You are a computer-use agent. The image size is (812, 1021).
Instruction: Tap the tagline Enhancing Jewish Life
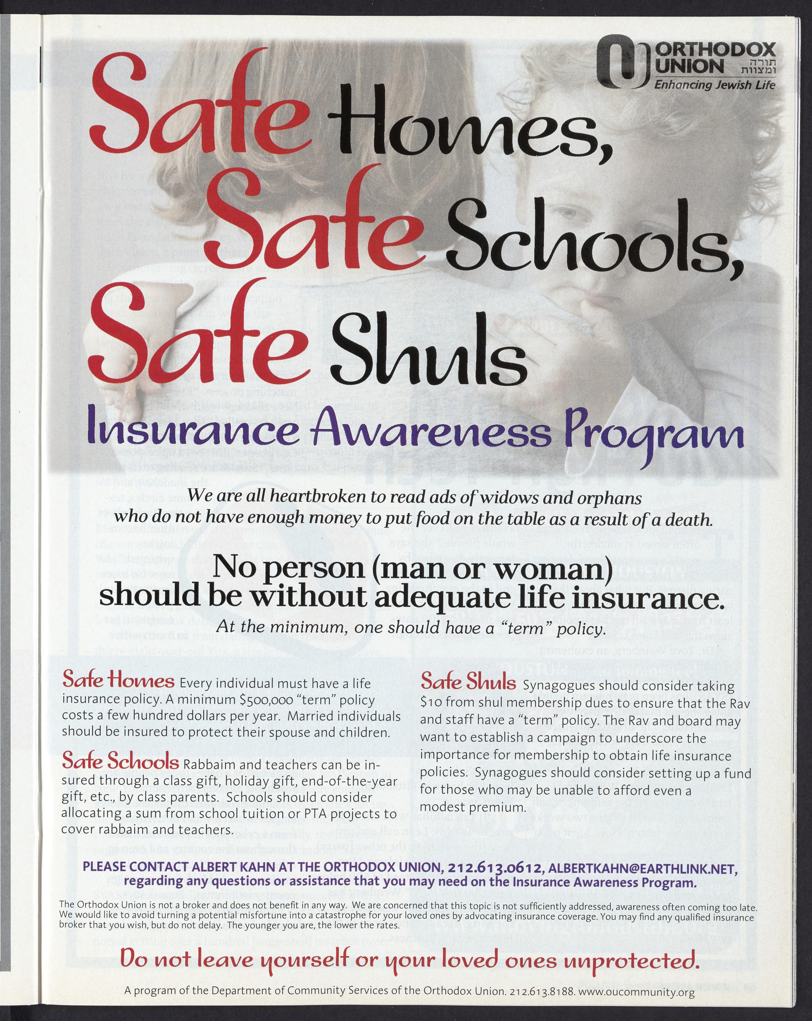click(714, 85)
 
